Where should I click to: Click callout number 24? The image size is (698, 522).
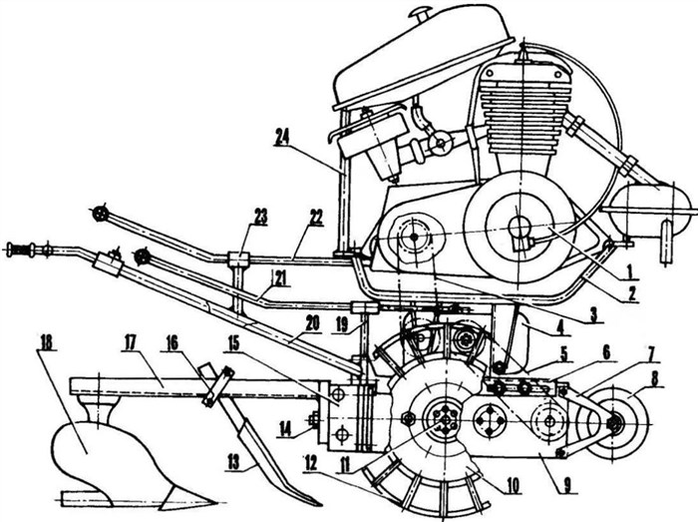click(282, 137)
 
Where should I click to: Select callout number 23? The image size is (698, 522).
click(260, 218)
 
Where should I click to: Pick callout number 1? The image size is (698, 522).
click(629, 269)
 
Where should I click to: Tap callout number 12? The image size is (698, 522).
click(311, 464)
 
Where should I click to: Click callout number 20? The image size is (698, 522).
click(312, 323)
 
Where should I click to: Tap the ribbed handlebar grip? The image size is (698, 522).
click(21, 249)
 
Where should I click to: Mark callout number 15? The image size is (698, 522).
click(234, 343)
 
